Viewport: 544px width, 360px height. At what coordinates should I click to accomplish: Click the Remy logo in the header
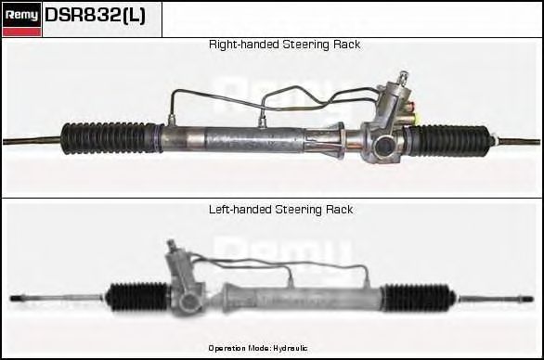(21, 19)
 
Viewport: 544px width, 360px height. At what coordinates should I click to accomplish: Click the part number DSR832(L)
(95, 15)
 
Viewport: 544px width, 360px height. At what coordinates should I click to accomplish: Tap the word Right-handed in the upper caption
(244, 45)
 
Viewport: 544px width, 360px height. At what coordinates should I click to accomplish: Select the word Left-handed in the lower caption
(240, 210)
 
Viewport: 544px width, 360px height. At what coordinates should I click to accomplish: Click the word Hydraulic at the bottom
(291, 348)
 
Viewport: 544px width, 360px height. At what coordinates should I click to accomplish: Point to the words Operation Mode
(240, 348)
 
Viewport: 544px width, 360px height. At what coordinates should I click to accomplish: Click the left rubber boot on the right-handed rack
(110, 138)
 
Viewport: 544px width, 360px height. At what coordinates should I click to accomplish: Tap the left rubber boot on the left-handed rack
(137, 297)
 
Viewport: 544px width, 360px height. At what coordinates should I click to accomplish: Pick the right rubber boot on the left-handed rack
(419, 298)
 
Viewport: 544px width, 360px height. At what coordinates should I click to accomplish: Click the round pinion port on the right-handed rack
(384, 147)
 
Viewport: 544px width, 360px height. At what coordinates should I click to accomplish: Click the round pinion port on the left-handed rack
(189, 302)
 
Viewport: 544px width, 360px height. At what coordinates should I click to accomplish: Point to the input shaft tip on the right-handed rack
(404, 75)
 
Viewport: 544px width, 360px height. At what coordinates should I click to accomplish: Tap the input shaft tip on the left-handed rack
(170, 243)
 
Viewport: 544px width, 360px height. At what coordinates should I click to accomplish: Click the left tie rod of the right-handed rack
(32, 140)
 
